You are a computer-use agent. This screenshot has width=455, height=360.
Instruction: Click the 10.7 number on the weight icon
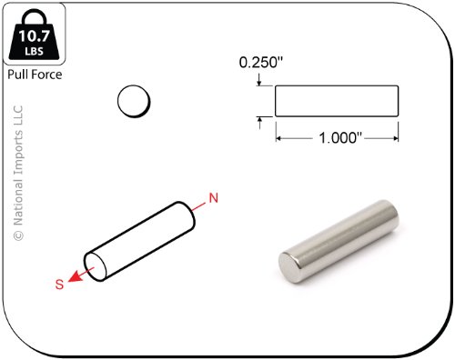[34, 35]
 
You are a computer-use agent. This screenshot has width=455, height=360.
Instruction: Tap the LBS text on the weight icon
[34, 51]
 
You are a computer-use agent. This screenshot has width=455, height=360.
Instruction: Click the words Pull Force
[35, 75]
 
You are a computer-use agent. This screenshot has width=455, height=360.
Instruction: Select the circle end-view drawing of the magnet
[134, 101]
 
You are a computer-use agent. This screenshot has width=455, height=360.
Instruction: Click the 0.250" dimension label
[261, 63]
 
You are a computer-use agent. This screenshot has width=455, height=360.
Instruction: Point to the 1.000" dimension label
[340, 138]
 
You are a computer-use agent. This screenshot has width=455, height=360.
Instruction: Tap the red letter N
[214, 198]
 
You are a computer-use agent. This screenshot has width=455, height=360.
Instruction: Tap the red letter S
[59, 285]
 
